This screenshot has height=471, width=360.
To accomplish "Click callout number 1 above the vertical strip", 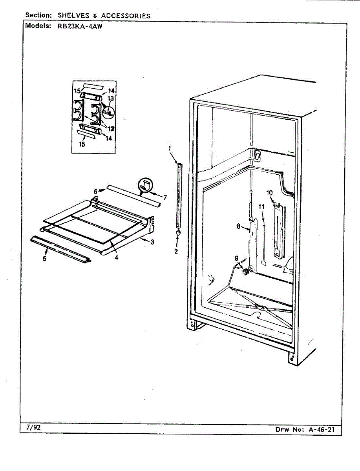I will point(170,148).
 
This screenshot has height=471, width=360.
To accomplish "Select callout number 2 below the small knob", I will point(176,251).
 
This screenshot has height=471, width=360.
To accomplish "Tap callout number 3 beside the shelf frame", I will point(152,241).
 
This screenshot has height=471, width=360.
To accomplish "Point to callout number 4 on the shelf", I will point(116,258).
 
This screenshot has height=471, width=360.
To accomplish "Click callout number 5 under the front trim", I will point(44,259).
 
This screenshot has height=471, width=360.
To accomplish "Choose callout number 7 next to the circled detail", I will point(165,198).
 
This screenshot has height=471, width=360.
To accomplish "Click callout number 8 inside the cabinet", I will point(238,226).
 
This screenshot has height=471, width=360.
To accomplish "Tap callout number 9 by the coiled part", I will point(236,258).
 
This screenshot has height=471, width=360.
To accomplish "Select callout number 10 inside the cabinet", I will point(269,193).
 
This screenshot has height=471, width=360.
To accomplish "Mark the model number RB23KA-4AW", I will point(77,26).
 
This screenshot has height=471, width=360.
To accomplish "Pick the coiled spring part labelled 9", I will point(246,271).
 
